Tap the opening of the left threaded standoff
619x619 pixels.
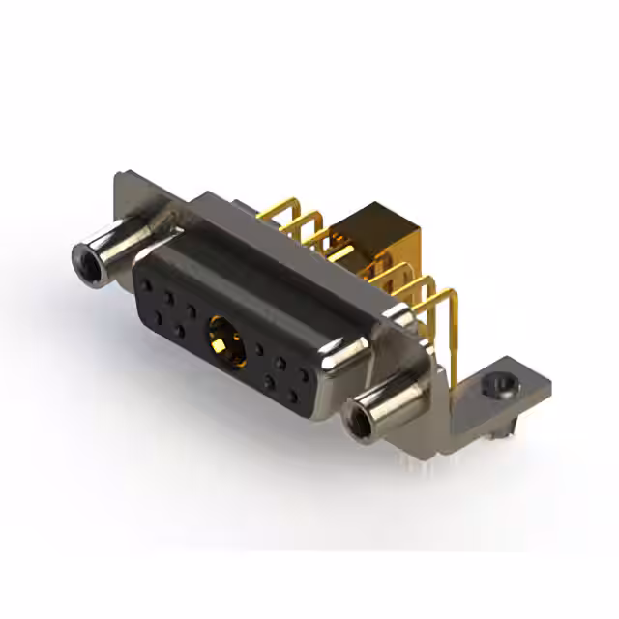pos(85,257)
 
